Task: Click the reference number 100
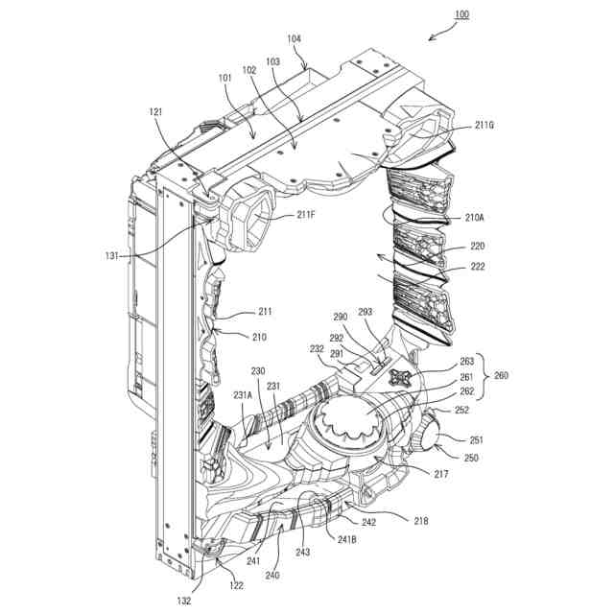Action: (x=461, y=14)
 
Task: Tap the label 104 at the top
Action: (x=294, y=38)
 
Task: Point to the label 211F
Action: (x=306, y=215)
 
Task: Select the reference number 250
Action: (x=471, y=458)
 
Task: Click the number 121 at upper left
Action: (x=156, y=113)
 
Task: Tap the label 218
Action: (x=421, y=521)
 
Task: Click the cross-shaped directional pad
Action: (x=404, y=378)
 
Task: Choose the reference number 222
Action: (x=473, y=267)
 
